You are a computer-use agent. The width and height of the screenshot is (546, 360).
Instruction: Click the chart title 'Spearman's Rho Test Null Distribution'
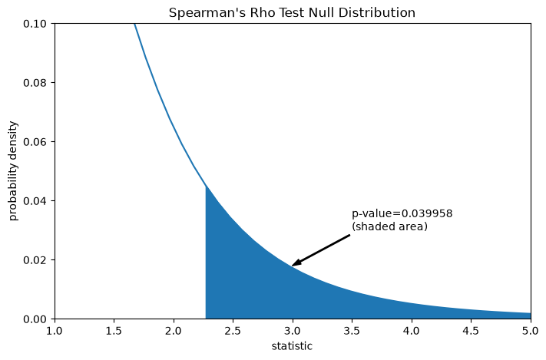pos(292,12)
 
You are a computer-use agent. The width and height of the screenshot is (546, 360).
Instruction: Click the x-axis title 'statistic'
pos(292,346)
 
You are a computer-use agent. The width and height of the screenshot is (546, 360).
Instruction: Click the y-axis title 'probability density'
pos(13,171)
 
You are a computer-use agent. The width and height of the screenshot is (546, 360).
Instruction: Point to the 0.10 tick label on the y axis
pos(35,24)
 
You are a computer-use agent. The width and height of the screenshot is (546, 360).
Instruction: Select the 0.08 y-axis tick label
pos(35,83)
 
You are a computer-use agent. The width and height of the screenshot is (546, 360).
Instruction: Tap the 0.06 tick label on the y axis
pos(35,142)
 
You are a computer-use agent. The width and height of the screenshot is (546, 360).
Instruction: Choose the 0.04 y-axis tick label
pos(35,201)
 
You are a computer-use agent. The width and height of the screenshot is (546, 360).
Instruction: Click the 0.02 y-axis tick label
pos(35,260)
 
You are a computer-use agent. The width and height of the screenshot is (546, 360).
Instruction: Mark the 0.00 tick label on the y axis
pos(35,319)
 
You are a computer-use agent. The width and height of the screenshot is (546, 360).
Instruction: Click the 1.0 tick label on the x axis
pos(55,331)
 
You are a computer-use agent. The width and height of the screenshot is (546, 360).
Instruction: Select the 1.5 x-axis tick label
pos(114,331)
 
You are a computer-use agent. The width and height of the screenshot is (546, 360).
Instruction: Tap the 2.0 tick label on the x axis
pos(174,331)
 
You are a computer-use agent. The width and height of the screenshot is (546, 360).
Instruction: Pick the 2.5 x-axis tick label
pos(233,331)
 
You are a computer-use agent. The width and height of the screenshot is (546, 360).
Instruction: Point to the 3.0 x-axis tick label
pos(293,331)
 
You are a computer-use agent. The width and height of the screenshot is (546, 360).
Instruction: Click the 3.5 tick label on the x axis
pos(352,331)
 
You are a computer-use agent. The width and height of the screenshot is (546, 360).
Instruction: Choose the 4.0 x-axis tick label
pos(412,331)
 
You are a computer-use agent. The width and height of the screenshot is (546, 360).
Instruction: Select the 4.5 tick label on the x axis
pos(472,331)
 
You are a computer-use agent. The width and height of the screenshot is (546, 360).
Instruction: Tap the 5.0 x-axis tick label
pos(531,331)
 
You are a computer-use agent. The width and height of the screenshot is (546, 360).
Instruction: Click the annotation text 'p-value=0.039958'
pos(402,213)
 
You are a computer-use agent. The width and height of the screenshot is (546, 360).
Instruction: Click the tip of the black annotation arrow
pos(292,266)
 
